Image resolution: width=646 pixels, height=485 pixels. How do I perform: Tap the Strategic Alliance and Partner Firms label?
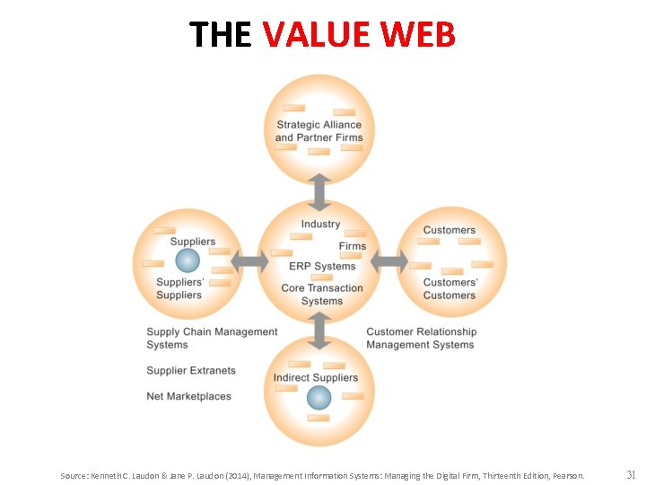click(319, 131)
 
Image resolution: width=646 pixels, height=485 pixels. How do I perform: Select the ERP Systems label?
click(322, 266)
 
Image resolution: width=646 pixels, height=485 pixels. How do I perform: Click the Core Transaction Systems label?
click(322, 295)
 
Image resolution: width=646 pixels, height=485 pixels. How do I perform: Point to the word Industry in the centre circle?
click(320, 224)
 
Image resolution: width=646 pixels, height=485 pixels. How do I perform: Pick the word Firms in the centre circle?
click(353, 246)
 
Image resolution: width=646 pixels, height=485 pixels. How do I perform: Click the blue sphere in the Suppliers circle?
click(187, 260)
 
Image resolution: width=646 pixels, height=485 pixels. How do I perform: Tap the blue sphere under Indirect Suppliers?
click(319, 397)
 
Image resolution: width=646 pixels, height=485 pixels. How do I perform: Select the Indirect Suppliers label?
click(315, 378)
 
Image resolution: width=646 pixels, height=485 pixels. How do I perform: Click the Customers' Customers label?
click(450, 289)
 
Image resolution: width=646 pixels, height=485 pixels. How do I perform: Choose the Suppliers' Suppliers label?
click(179, 289)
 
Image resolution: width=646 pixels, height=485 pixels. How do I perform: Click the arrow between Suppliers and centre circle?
click(249, 261)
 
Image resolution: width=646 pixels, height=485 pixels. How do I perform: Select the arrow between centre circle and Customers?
click(389, 261)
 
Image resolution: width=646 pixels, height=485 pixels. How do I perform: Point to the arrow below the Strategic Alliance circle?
click(319, 191)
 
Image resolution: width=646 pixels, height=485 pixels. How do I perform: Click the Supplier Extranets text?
click(191, 370)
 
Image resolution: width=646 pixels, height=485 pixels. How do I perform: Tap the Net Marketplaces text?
click(188, 396)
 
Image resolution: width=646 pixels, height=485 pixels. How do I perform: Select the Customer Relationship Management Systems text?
click(421, 338)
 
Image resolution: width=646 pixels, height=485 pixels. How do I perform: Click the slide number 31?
click(631, 474)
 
